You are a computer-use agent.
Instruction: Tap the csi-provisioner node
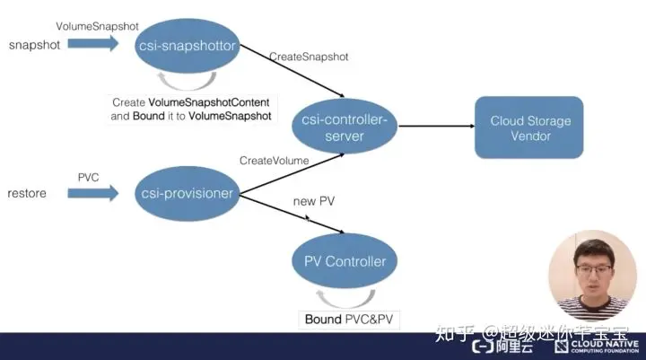point(188,192)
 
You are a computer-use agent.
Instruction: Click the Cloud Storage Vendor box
point(529,127)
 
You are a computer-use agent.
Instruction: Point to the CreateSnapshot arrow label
point(309,57)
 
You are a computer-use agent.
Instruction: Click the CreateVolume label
point(274,161)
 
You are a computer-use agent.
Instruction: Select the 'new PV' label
point(314,201)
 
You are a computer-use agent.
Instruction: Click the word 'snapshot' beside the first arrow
point(35,44)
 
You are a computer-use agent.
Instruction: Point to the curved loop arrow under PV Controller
point(344,297)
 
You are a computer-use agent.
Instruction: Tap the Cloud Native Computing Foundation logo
point(597,346)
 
